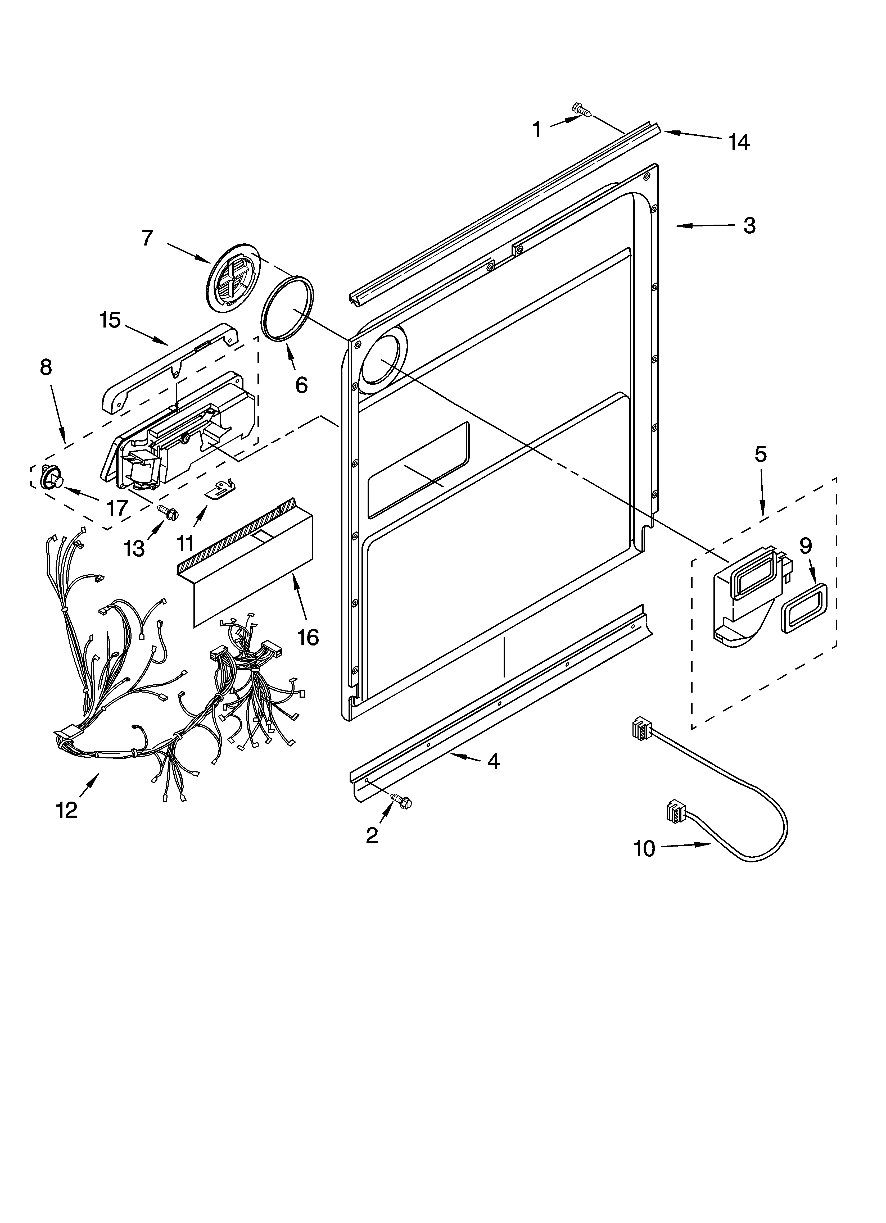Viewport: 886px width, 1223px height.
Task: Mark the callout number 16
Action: pos(308,638)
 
